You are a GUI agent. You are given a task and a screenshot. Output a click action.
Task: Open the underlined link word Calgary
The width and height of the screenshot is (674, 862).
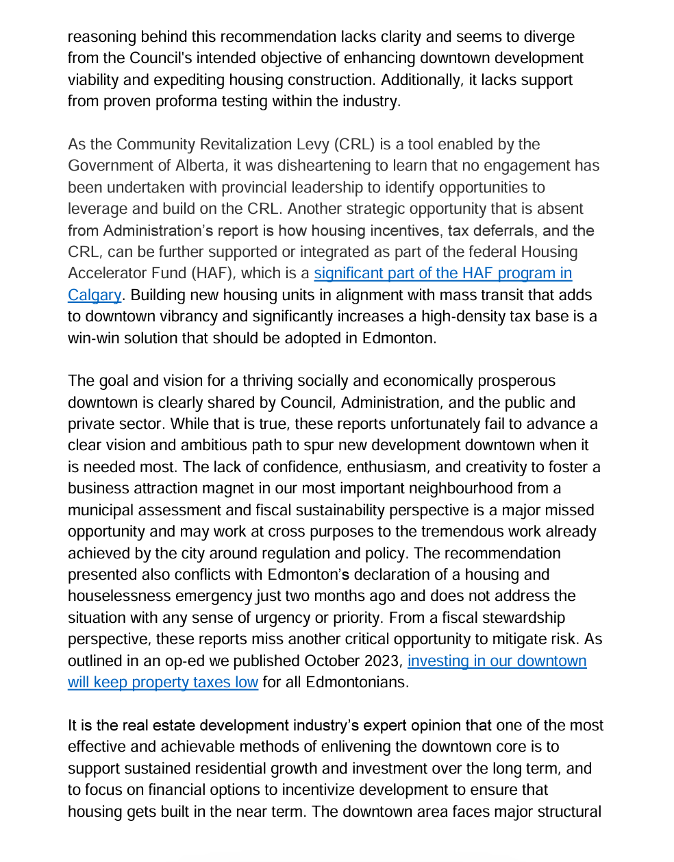(x=95, y=295)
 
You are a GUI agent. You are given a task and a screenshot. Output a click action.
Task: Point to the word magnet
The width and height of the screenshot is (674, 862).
(x=214, y=489)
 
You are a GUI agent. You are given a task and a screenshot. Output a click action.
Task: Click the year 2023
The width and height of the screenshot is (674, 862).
(x=386, y=661)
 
